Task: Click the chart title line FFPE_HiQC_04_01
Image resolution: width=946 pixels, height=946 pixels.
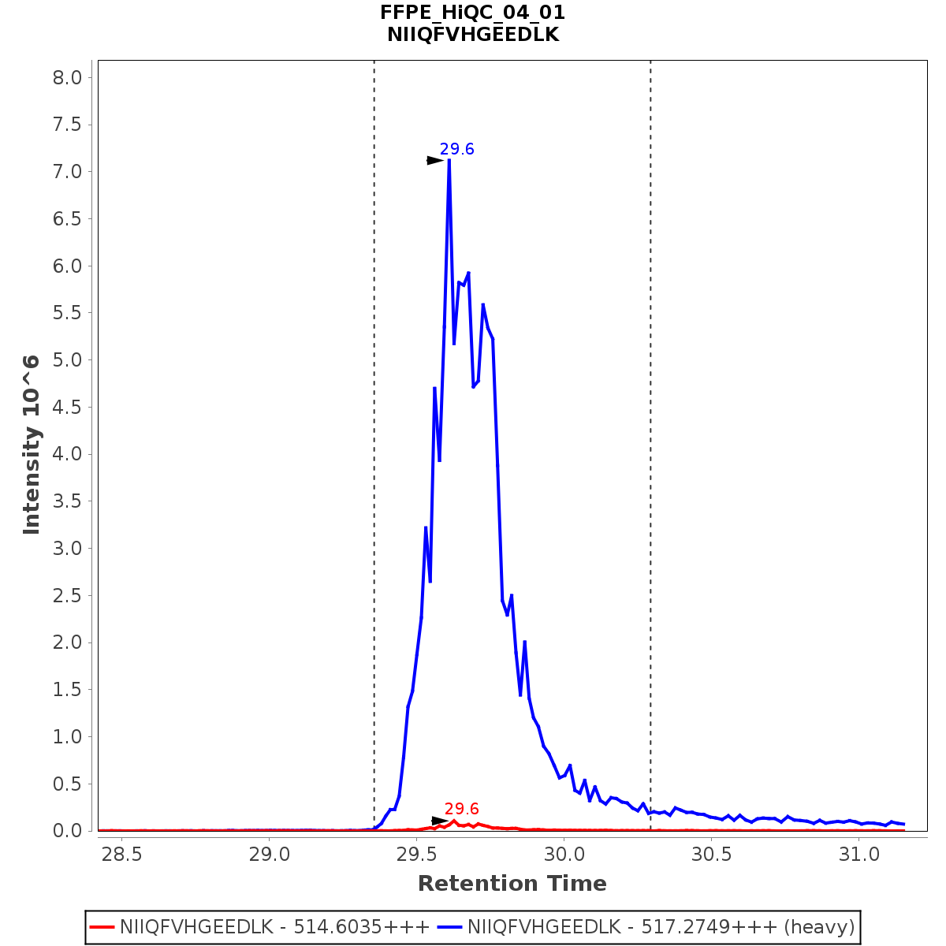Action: (472, 13)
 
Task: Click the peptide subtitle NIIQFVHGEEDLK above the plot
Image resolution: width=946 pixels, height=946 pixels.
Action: (472, 35)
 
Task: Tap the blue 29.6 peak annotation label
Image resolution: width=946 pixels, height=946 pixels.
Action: (456, 149)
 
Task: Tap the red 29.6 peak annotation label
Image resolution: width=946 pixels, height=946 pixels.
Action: (461, 809)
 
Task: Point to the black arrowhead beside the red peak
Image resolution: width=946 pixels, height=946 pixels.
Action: (439, 821)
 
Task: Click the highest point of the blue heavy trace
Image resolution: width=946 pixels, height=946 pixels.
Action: (449, 160)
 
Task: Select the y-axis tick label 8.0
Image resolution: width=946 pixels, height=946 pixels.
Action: (66, 77)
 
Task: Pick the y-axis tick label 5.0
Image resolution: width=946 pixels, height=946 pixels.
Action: (66, 360)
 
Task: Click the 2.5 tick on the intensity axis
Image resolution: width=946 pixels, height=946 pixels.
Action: (66, 596)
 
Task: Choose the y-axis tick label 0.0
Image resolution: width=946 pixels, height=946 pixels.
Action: (66, 831)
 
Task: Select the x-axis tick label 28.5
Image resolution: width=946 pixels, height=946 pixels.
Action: (122, 855)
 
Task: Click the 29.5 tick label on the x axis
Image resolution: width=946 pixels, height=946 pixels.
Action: (417, 855)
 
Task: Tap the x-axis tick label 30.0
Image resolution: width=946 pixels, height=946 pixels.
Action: (564, 855)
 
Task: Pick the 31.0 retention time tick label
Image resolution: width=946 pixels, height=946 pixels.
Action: (859, 855)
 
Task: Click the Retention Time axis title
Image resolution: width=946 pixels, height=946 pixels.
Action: (512, 884)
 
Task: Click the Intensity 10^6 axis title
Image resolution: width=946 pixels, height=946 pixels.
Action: (32, 445)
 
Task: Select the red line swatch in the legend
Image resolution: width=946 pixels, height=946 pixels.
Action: (102, 927)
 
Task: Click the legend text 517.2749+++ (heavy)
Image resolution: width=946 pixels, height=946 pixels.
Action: (661, 927)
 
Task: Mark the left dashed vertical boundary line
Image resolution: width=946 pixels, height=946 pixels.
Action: (374, 394)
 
